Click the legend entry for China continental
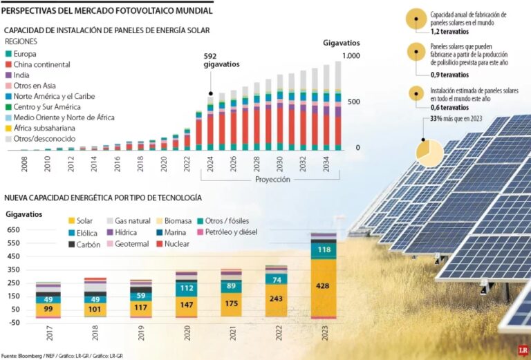point(41,64)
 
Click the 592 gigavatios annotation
point(221,60)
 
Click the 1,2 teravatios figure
point(449,32)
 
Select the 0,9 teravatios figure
point(449,74)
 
